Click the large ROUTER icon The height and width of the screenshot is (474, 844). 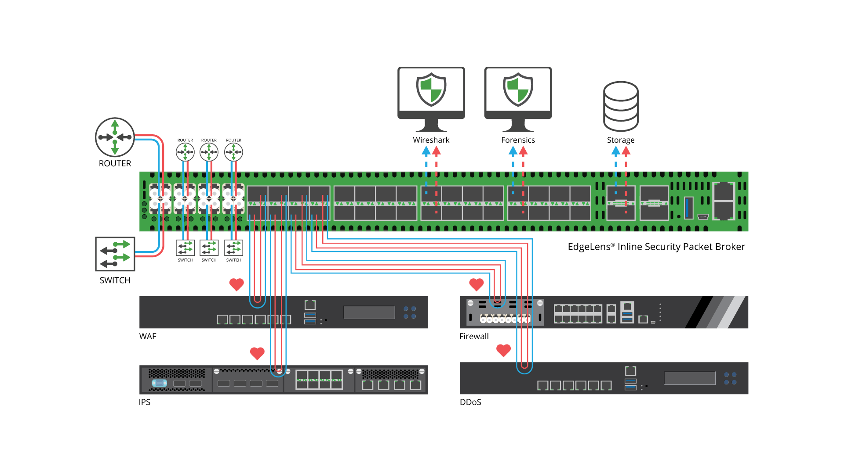[x=115, y=137]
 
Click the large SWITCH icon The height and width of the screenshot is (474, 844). [x=115, y=254]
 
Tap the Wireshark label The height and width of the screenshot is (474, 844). [x=431, y=140]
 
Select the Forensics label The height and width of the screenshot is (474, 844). [x=518, y=140]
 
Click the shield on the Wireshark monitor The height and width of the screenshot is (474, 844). [x=431, y=90]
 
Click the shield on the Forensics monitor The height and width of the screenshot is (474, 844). [x=518, y=90]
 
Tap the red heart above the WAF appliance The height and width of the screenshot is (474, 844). [x=236, y=284]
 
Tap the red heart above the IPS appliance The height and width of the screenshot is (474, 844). [x=257, y=353]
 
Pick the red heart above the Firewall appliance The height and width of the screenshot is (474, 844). [x=477, y=284]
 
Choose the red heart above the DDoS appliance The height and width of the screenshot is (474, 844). [x=503, y=350]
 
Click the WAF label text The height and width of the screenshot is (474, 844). [x=148, y=337]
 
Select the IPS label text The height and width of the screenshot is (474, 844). [x=145, y=402]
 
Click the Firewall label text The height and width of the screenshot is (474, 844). [x=474, y=337]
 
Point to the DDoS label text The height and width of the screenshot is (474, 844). [x=470, y=402]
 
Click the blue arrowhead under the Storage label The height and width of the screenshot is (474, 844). [x=615, y=151]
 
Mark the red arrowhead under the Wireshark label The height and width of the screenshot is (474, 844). [x=436, y=151]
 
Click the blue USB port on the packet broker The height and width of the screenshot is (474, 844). [x=688, y=208]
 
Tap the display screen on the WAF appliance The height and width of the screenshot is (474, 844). [x=369, y=312]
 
